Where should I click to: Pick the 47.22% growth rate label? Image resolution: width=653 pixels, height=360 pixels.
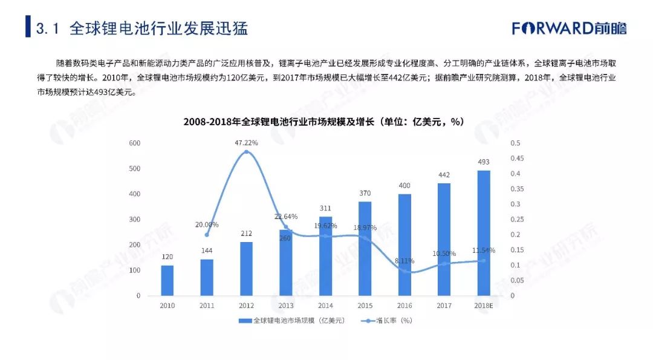coord(246,143)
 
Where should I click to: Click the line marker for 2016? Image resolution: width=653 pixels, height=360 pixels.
coord(404,271)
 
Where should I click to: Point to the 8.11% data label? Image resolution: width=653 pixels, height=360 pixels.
coord(404,261)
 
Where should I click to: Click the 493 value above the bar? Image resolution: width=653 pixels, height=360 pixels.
coord(484,162)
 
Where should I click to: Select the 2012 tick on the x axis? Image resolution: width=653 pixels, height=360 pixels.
coord(246,306)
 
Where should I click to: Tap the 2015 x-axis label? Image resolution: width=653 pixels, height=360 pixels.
coord(365,306)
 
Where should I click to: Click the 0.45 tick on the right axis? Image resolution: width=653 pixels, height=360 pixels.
coord(515,159)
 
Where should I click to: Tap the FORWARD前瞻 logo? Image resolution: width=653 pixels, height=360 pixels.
coord(569,28)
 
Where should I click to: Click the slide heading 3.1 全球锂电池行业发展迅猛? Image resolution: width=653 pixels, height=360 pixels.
coord(141,28)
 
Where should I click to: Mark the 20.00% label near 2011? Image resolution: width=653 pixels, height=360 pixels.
coord(207,224)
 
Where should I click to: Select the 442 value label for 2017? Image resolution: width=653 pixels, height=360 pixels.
coord(444,175)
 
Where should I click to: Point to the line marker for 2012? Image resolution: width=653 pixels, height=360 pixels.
coord(246,152)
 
